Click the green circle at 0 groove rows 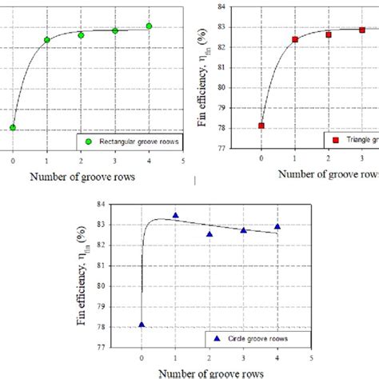pos(13,127)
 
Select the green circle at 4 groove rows pos(149,26)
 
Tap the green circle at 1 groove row pos(47,39)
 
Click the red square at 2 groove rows pos(329,34)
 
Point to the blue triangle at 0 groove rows pos(142,325)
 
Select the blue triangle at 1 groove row pos(175,214)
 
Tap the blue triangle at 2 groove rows pos(209,234)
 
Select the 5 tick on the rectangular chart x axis pos(183,161)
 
